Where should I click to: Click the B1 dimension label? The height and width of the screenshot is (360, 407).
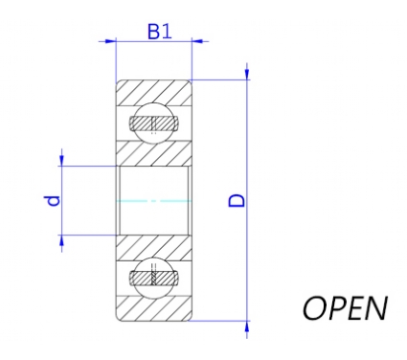pos(159,32)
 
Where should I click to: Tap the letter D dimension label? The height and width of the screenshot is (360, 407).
pos(237,200)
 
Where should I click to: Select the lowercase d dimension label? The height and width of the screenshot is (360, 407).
pos(52,201)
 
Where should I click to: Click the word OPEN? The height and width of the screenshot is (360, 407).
pos(345,308)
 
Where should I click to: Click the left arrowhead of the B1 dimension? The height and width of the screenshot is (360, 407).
pos(110,41)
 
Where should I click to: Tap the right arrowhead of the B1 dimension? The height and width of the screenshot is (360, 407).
pos(197,41)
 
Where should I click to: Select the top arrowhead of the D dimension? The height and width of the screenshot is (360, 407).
pos(247,74)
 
